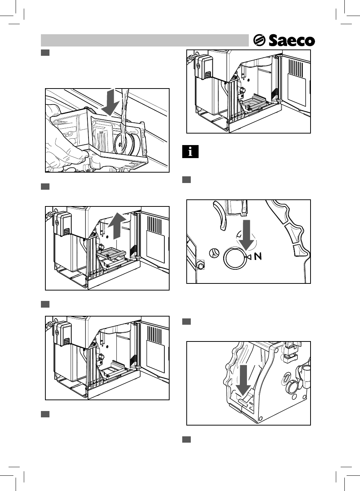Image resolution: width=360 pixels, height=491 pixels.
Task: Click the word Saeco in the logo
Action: pyautogui.click(x=292, y=41)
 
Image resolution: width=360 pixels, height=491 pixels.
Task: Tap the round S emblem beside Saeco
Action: pyautogui.click(x=259, y=40)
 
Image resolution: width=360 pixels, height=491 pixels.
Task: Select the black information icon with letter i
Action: pyautogui.click(x=190, y=152)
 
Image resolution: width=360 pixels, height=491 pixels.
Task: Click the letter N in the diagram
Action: pyautogui.click(x=258, y=256)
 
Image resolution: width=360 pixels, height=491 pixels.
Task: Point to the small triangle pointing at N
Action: pyautogui.click(x=249, y=257)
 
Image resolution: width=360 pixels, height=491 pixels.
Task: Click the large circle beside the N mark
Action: pyautogui.click(x=235, y=257)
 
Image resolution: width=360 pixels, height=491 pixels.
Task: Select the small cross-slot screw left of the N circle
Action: pyautogui.click(x=214, y=253)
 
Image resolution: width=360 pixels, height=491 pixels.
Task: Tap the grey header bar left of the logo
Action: pyautogui.click(x=144, y=40)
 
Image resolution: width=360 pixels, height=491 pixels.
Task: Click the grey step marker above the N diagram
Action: pyautogui.click(x=186, y=180)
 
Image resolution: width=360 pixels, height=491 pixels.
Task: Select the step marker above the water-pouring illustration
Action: pyautogui.click(x=45, y=52)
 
